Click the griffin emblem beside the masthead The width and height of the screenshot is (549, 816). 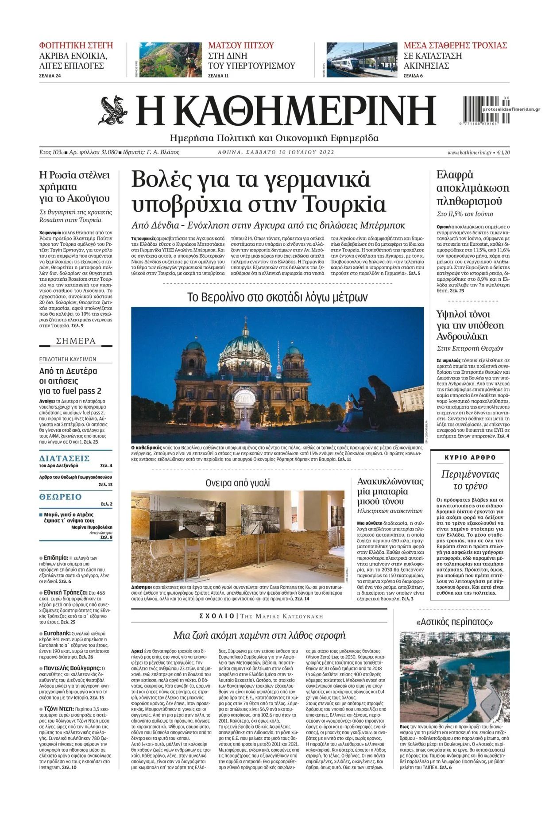coord(114,110)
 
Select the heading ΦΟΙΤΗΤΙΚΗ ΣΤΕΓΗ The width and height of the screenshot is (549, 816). coord(76,45)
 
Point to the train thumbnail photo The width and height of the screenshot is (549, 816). coord(361,60)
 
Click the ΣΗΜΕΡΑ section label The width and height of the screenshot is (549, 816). coord(76,341)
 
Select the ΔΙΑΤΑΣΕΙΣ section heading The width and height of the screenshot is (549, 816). coord(65,458)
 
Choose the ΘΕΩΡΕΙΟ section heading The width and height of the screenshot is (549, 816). coord(61,497)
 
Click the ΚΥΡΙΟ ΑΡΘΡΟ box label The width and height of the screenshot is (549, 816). coord(470,457)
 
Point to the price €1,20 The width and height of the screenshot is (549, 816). coord(503,152)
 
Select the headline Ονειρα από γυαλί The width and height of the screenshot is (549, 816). coord(237,483)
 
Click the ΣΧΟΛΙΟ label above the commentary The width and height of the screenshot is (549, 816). coord(217,616)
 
